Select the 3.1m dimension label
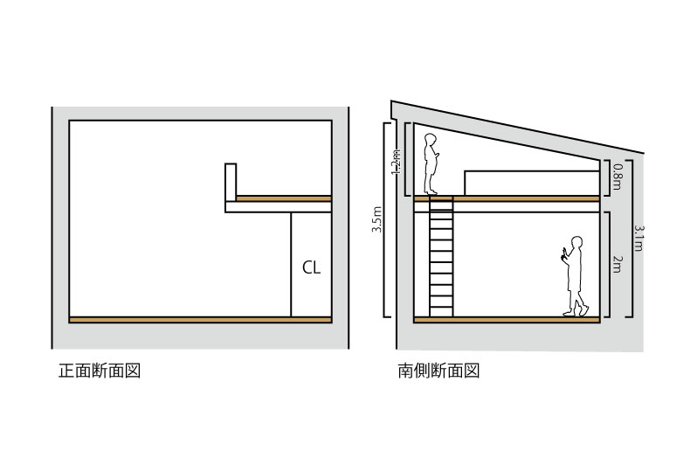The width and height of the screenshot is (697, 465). tap(639, 238)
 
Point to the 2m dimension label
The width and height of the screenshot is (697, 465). tap(617, 263)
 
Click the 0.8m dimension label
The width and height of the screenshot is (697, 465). tap(618, 177)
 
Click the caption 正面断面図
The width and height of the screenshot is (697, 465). tap(99, 371)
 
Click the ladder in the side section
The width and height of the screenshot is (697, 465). tap(441, 258)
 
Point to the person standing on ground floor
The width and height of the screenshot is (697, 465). tap(575, 275)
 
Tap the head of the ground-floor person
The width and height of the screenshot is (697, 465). tap(576, 241)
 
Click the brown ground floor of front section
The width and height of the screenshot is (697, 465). tap(200, 320)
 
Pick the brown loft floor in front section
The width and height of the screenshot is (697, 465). tap(284, 198)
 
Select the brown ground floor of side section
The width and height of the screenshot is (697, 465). tap(507, 320)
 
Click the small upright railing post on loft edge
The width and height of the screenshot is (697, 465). tap(231, 182)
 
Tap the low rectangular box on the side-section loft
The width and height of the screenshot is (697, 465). tap(532, 182)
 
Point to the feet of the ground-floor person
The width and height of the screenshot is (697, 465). tap(577, 311)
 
